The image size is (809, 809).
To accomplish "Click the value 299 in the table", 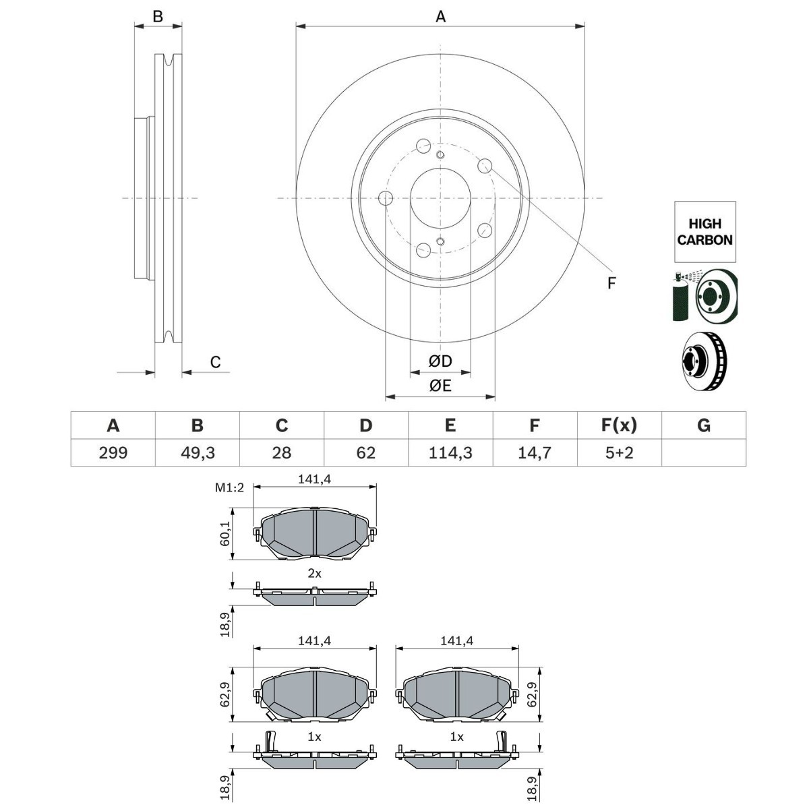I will [113, 452].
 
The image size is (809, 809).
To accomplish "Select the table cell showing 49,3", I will [197, 452].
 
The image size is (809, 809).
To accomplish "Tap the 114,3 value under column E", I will [450, 452].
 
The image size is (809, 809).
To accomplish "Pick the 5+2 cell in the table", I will [619, 452].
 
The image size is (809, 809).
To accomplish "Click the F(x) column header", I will [619, 425].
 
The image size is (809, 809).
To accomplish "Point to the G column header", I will [703, 425].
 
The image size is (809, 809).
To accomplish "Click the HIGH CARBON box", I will [705, 232].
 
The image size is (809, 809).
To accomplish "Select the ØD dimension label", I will [440, 362].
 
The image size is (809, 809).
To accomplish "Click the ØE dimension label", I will [440, 386].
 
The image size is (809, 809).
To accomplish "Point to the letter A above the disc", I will [440, 17].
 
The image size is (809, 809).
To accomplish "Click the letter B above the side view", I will [158, 17].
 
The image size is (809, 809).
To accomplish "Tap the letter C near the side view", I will [215, 362].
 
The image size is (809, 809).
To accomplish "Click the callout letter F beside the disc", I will [611, 283].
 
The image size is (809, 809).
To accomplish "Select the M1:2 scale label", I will [229, 488].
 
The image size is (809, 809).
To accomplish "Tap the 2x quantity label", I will [314, 574].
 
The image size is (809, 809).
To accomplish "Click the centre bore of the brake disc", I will [440, 198].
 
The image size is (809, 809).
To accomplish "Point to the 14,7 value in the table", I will [535, 452].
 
